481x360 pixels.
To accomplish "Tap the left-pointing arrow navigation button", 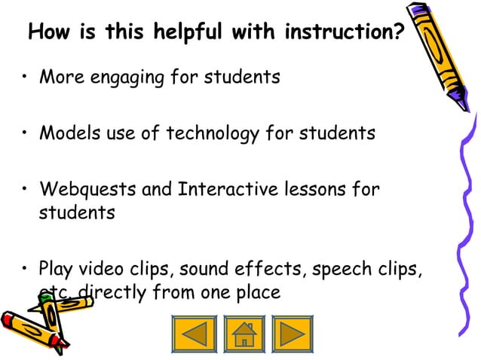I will [x=195, y=333].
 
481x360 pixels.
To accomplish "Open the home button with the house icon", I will [x=244, y=333].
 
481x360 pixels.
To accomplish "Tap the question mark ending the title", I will [x=397, y=34].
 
